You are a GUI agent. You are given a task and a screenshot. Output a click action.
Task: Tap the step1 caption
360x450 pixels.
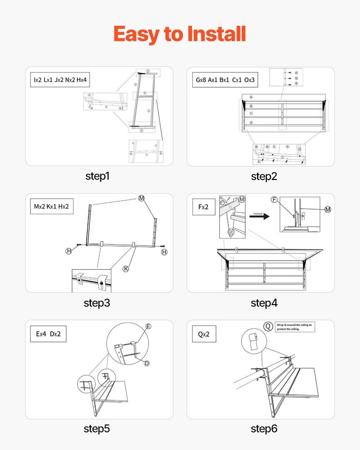pos(97,176)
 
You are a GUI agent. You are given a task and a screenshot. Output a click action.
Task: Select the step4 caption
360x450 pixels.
pos(264,303)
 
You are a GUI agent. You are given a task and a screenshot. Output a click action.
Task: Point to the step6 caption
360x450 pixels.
pos(264,429)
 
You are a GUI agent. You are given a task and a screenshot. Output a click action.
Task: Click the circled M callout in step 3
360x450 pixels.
pos(142,198)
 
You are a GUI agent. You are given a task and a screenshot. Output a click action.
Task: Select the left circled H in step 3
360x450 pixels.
pos(69,251)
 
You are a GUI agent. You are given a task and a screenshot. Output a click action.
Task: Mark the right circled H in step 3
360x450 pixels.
pos(164,252)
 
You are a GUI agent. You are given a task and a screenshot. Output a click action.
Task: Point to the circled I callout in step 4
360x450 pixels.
pos(231,232)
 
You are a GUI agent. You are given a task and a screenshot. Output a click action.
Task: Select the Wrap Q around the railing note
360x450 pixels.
pos(297,326)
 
